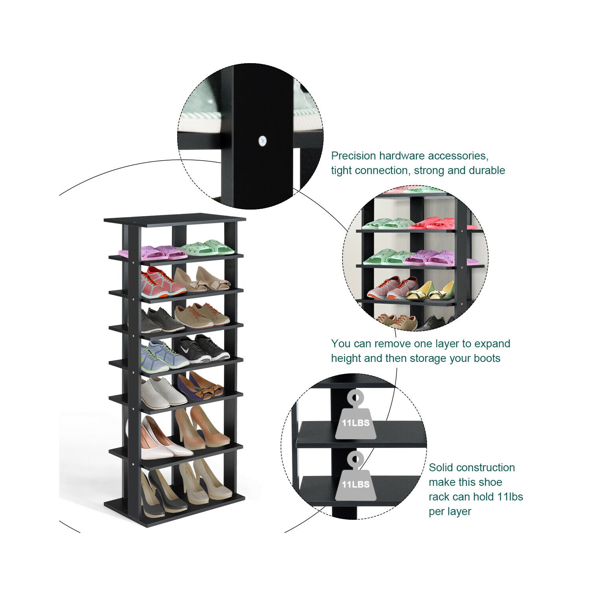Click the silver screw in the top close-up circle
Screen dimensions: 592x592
(262, 141)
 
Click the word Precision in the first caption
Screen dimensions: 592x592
(353, 156)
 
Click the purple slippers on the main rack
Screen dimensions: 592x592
(158, 252)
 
